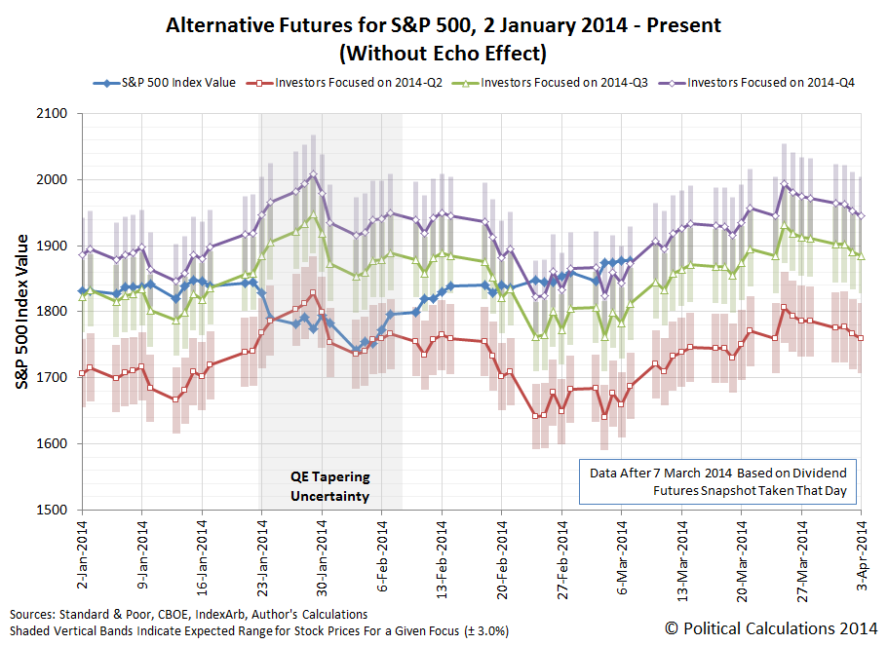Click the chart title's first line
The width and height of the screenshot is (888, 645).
[443, 25]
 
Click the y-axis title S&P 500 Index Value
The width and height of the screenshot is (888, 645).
[21, 312]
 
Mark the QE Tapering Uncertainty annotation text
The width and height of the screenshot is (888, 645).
[330, 487]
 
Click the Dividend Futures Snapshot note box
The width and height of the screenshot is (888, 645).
[717, 481]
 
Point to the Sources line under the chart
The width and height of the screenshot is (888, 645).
[189, 615]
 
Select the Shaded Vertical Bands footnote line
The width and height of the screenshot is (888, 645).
[259, 630]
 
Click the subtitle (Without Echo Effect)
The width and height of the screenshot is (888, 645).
[443, 52]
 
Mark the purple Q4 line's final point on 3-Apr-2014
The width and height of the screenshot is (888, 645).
[861, 215]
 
